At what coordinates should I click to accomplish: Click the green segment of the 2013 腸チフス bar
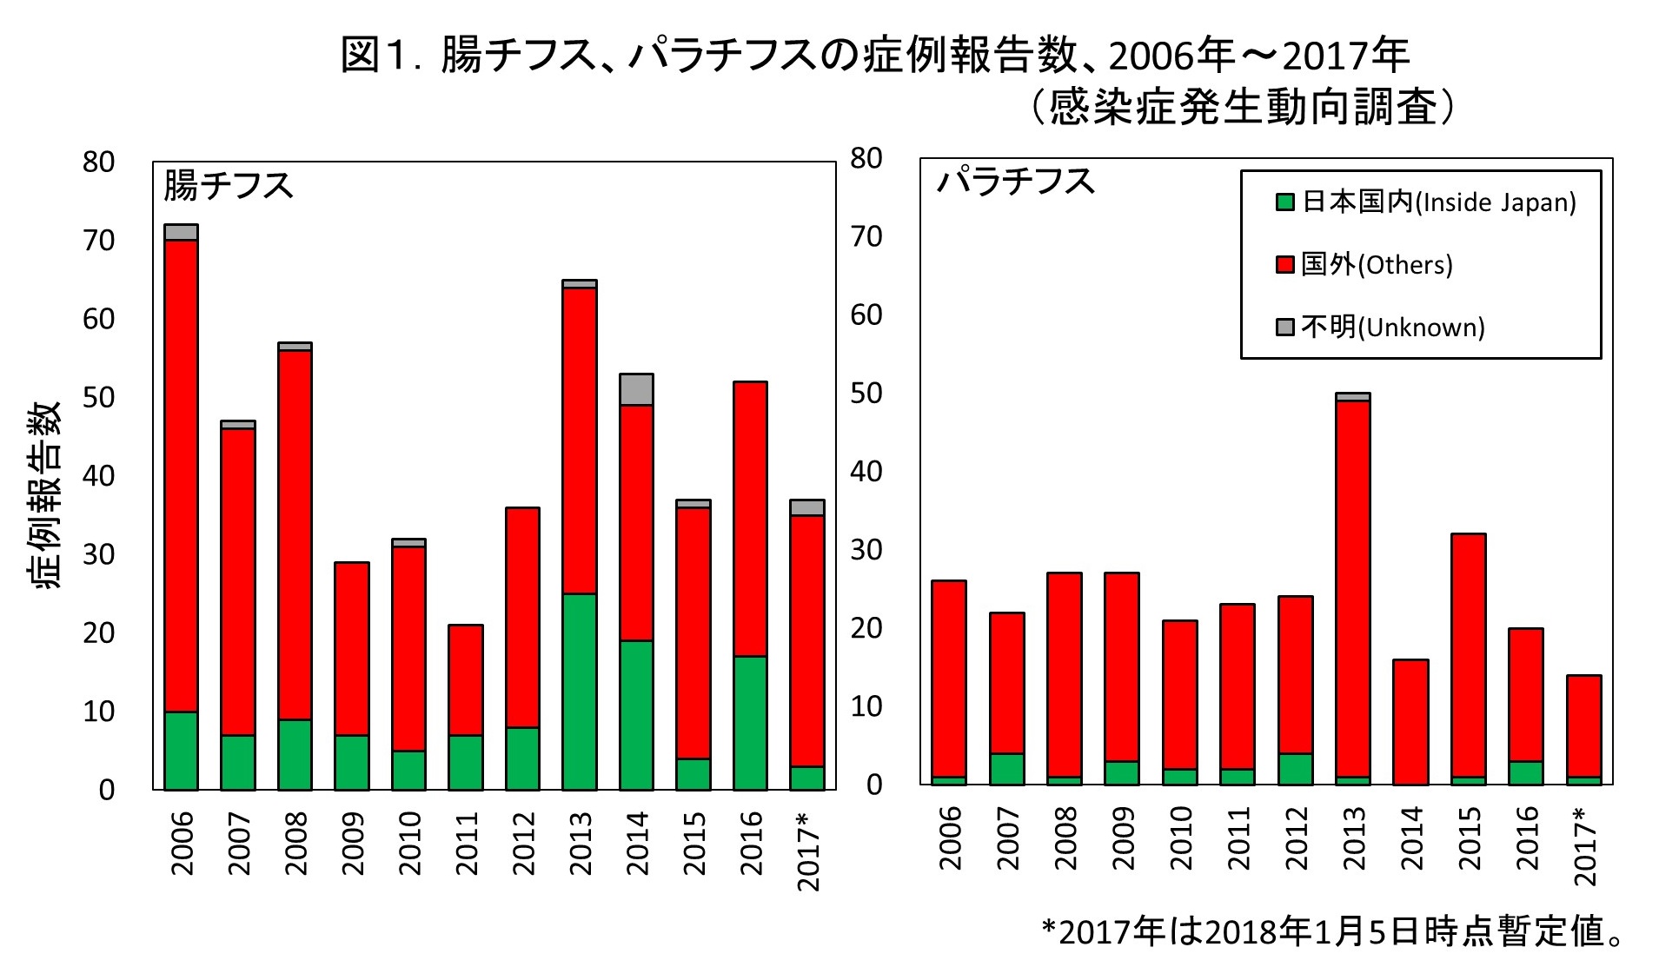[579, 692]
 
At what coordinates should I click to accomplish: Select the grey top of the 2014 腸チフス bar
[636, 389]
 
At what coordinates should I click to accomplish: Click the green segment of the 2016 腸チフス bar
[750, 723]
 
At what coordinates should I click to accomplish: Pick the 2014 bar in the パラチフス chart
[1410, 722]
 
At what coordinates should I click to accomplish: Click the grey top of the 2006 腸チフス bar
[181, 232]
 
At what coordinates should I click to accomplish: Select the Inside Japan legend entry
[1425, 202]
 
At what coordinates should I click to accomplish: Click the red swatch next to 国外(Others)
[1284, 265]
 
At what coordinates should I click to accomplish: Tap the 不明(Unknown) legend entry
[1382, 328]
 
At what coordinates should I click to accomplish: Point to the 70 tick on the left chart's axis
[98, 241]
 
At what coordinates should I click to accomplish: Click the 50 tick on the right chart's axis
[866, 394]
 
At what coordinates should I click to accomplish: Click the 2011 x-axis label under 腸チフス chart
[467, 844]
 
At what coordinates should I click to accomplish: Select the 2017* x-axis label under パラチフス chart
[1585, 846]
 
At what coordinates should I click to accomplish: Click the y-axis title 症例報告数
[49, 494]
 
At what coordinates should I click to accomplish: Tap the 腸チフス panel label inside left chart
[228, 186]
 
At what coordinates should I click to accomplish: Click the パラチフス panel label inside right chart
[1015, 182]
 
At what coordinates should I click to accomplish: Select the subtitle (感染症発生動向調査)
[1242, 108]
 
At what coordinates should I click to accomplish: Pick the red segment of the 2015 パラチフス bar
[1468, 655]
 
